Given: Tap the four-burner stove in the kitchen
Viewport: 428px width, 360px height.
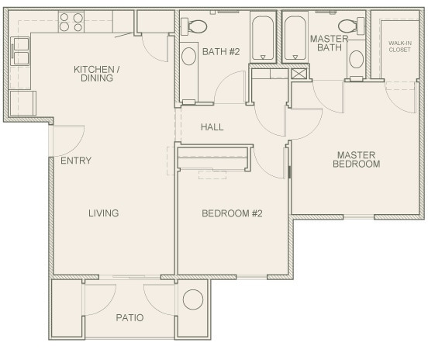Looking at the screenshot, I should [x=71, y=21].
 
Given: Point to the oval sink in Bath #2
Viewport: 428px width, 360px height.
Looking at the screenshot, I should [x=189, y=57].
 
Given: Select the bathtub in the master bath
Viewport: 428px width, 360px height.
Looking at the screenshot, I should [x=295, y=37].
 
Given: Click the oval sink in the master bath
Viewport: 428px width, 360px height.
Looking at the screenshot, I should [x=356, y=58].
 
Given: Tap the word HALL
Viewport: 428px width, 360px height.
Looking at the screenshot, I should [x=212, y=126].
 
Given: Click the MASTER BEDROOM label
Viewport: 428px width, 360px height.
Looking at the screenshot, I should [x=356, y=159].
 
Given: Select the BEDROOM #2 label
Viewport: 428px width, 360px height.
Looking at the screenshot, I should [x=232, y=213].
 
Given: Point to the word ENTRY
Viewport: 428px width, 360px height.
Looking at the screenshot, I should [x=76, y=161].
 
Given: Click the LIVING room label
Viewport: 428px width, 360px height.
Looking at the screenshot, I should [x=103, y=213].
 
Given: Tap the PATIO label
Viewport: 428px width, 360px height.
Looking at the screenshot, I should [x=129, y=317].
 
